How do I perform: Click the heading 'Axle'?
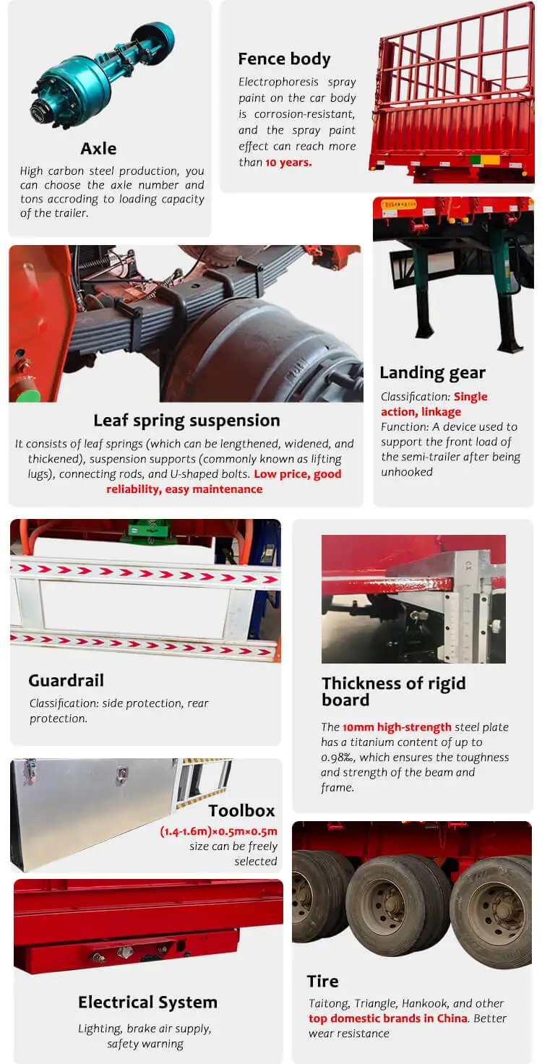[x=98, y=148]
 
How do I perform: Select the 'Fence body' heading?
[x=284, y=59]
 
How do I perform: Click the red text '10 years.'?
[x=288, y=162]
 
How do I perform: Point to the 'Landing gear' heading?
[x=432, y=373]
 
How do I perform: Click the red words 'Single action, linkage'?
[x=434, y=404]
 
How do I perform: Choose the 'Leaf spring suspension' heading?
[x=186, y=420]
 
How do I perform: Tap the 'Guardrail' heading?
[x=66, y=680]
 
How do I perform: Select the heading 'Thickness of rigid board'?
[x=393, y=691]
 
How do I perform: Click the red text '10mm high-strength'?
[x=397, y=727]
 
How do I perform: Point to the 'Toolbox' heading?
[x=242, y=810]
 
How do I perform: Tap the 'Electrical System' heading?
[x=147, y=1002]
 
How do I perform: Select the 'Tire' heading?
[x=322, y=981]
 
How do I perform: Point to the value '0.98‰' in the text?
[x=338, y=758]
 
